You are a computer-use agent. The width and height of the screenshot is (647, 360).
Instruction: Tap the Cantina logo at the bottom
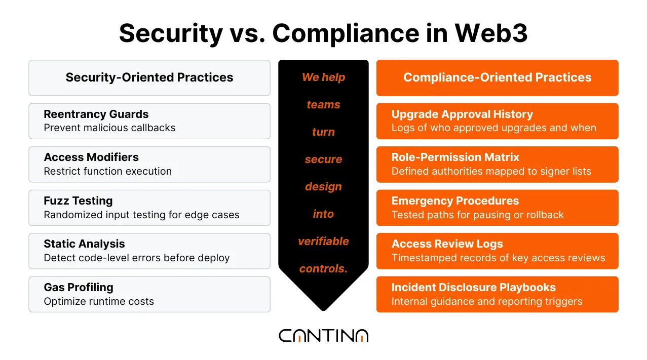point(323,336)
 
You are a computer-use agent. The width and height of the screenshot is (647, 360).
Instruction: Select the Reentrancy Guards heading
point(96,114)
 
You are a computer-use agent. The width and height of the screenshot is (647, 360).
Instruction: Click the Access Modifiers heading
point(91,157)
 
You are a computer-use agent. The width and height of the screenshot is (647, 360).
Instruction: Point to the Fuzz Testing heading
point(78,201)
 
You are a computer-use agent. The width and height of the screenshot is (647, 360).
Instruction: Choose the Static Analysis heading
point(84,244)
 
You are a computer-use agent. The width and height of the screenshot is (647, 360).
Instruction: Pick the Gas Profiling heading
point(79,287)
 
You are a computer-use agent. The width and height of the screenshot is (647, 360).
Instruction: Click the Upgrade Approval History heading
point(462,114)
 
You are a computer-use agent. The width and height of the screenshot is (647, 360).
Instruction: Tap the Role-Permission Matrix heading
point(455,157)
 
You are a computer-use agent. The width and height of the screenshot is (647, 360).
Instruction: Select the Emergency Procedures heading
point(455,201)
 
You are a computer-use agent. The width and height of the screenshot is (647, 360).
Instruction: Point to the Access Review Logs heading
point(447,244)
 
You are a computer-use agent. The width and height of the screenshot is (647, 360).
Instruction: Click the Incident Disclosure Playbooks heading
point(473,287)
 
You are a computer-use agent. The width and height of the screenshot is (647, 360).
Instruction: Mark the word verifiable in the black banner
point(323,242)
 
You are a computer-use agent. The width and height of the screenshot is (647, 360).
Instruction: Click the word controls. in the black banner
point(323,269)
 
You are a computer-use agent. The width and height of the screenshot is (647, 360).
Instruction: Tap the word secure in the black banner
point(323,159)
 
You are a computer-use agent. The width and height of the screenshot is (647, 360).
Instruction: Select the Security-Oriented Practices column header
point(149,77)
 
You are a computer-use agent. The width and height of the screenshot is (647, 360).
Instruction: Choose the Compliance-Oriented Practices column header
point(497,77)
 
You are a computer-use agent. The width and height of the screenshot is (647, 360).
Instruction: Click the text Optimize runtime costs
point(99,302)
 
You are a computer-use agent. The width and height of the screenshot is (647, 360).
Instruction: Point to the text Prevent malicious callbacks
point(109,128)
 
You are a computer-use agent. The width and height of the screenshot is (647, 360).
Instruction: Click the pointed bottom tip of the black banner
point(323,308)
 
